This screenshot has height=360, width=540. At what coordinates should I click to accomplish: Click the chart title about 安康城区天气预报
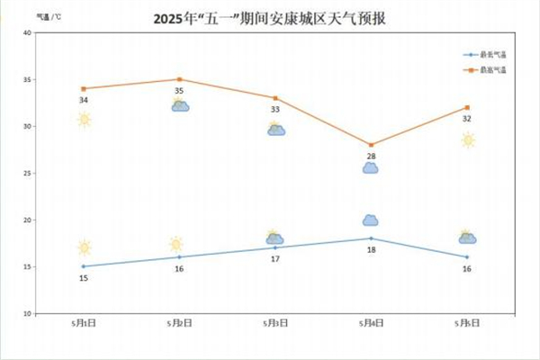(x=270, y=18)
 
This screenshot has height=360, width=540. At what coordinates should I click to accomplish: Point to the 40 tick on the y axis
(x=27, y=33)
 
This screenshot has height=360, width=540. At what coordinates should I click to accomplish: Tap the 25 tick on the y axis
(x=27, y=173)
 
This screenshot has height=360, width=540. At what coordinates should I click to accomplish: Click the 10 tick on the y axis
(x=27, y=313)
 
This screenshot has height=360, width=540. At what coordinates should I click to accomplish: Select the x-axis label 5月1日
(x=84, y=322)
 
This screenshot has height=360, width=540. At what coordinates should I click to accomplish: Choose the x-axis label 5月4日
(x=371, y=322)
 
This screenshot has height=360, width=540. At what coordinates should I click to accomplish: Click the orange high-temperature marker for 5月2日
(x=179, y=79)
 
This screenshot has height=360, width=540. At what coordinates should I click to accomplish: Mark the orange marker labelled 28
(x=371, y=145)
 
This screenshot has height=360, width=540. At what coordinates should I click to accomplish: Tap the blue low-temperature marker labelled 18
(x=371, y=238)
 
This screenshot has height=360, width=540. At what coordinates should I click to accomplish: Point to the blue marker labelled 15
(x=84, y=266)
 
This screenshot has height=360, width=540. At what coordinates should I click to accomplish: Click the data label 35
(x=179, y=91)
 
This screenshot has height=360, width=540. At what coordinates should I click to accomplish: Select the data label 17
(x=275, y=259)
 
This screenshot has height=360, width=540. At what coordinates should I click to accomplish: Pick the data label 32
(x=466, y=119)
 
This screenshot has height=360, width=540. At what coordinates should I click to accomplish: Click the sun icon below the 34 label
(x=84, y=120)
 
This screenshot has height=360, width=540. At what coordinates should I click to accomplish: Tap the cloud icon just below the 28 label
(x=370, y=168)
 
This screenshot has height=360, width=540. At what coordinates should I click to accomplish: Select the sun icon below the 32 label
(x=467, y=139)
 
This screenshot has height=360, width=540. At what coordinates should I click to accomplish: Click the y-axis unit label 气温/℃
(x=49, y=17)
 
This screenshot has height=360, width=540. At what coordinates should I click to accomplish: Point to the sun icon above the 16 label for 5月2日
(x=176, y=244)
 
